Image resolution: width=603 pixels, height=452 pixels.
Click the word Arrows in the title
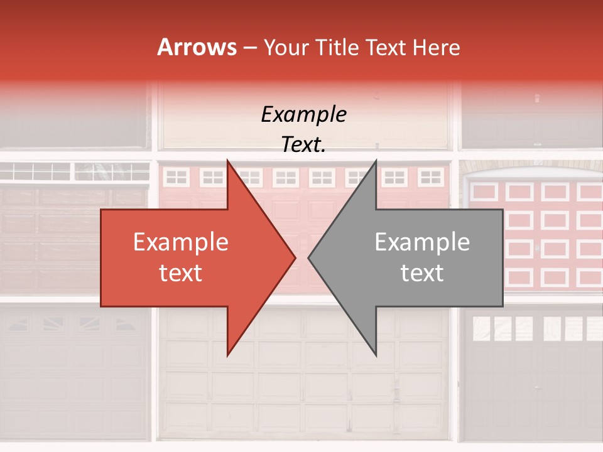(x=197, y=48)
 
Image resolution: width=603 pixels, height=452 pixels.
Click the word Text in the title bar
(x=384, y=48)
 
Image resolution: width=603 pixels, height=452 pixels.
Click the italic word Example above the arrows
(x=304, y=115)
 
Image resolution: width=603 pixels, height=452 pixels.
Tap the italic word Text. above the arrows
(x=304, y=145)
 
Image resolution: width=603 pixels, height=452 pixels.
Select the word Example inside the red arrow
(x=181, y=242)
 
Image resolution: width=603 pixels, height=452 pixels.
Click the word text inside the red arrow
(x=181, y=273)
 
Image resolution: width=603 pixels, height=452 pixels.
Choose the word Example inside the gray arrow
(x=422, y=242)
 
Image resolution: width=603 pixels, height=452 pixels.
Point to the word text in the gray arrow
(x=422, y=273)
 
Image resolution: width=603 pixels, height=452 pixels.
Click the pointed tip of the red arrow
(x=295, y=257)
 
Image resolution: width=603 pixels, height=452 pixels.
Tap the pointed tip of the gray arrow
(x=308, y=257)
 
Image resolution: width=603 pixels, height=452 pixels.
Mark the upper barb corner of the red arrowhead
(x=227, y=161)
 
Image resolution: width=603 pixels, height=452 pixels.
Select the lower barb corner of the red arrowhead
(x=227, y=355)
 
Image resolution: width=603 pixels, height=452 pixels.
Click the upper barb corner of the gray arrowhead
(x=376, y=161)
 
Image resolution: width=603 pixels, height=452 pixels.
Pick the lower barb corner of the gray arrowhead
(x=376, y=355)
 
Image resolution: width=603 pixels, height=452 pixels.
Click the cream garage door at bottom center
(x=304, y=389)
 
